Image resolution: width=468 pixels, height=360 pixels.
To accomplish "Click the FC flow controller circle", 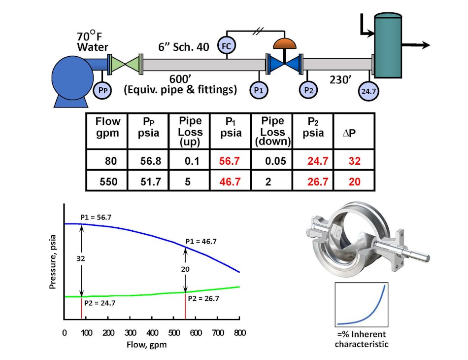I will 227,46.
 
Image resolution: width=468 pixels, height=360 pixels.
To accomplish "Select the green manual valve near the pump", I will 126,65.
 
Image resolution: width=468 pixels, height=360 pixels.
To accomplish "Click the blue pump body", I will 72,76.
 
